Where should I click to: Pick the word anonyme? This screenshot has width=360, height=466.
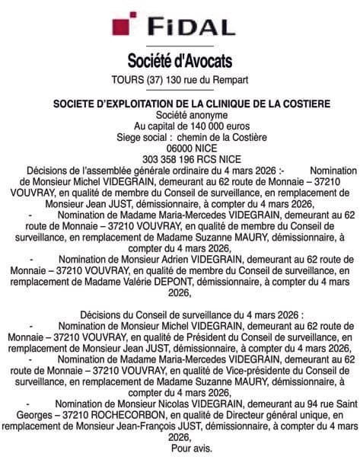coord(199,113)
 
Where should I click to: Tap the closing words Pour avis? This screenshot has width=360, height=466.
coord(180,449)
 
